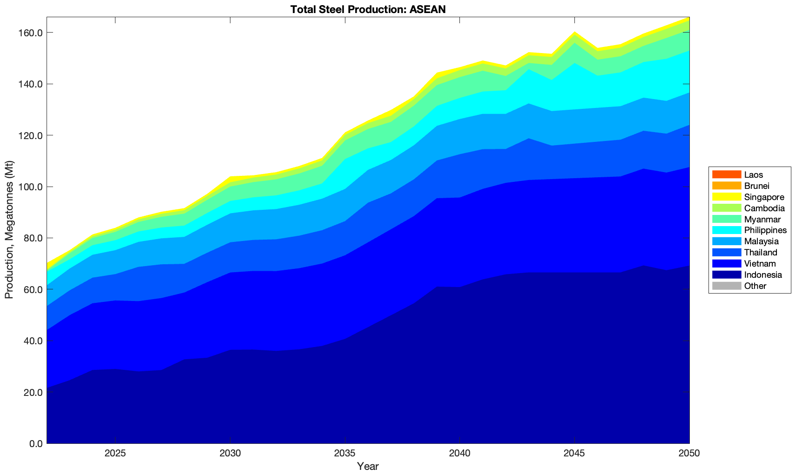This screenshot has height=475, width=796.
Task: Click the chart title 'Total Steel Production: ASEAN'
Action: coord(368,9)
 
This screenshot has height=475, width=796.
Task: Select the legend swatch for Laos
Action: coord(726,174)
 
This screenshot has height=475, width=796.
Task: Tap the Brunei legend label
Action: coord(756,186)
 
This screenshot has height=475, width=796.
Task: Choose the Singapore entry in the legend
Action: coord(764,197)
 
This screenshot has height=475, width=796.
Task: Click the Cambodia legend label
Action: coord(764,208)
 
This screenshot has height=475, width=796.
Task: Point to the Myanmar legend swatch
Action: coord(726,219)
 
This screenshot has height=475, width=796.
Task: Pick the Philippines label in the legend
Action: coord(765,230)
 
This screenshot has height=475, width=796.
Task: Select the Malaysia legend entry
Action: coord(761,241)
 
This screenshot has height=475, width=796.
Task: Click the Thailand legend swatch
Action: coord(726,253)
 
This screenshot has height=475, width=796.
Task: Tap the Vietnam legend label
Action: coord(760,264)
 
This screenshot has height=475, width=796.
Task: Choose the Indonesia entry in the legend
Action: coord(763,275)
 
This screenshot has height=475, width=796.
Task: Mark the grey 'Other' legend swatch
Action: coord(726,286)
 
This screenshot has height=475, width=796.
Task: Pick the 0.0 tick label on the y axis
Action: coord(35,444)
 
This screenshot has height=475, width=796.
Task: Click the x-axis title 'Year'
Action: coord(368,466)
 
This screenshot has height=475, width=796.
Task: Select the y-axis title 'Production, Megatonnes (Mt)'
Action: coord(9,230)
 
